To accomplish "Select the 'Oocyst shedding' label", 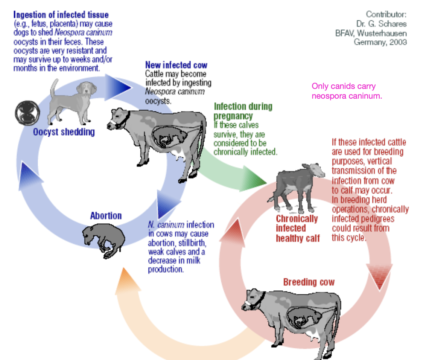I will pos(64,132).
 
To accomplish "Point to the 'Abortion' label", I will pos(106,216).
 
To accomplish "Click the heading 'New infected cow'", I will pos(176,65).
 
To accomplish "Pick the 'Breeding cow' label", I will pos(309,282).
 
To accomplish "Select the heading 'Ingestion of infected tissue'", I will pos(61,15).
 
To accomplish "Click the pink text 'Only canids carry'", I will pos(344,87).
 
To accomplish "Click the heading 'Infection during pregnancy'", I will pos(243,111).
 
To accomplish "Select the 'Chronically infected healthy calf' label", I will pos(297,229).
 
